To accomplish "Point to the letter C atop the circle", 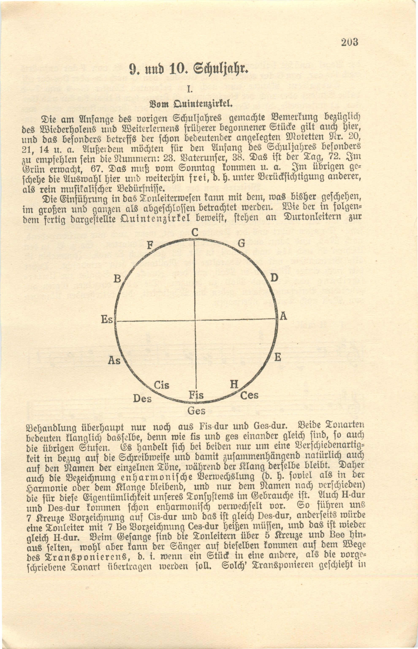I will [x=195, y=233].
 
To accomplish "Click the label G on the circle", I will [x=242, y=243].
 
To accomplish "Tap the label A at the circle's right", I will [x=283, y=316].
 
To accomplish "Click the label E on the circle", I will [x=277, y=357].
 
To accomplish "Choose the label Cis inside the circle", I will [x=161, y=386].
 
